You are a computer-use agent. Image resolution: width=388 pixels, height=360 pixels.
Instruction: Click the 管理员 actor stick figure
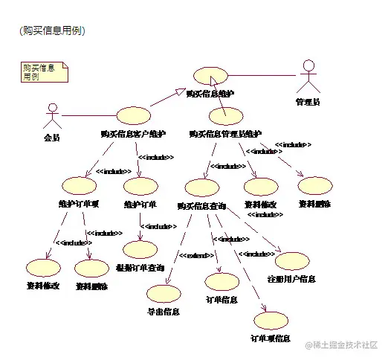click(307, 77)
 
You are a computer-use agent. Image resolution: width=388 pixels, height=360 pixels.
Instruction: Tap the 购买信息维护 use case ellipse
click(210, 75)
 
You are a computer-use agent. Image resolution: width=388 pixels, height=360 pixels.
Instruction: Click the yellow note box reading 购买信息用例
click(43, 71)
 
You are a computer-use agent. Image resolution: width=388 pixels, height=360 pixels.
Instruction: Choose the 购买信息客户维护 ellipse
click(134, 116)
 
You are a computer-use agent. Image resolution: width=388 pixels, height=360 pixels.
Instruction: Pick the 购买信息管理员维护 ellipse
click(226, 116)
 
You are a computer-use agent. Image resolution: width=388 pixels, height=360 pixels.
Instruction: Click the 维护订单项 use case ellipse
click(79, 185)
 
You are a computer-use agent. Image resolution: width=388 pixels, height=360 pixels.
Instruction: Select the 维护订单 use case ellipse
click(140, 185)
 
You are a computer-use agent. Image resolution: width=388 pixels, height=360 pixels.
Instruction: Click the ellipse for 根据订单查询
click(140, 250)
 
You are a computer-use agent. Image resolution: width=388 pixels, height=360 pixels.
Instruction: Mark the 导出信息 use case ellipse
click(164, 294)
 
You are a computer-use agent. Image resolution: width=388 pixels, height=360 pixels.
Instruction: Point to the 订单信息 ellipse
click(222, 282)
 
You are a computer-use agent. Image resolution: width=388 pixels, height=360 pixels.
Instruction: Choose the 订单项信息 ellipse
click(271, 321)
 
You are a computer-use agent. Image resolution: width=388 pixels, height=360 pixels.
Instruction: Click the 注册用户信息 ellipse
click(292, 261)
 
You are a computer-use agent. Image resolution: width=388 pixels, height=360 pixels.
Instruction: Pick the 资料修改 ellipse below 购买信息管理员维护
click(260, 187)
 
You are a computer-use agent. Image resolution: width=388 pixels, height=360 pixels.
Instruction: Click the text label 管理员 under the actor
click(308, 100)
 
